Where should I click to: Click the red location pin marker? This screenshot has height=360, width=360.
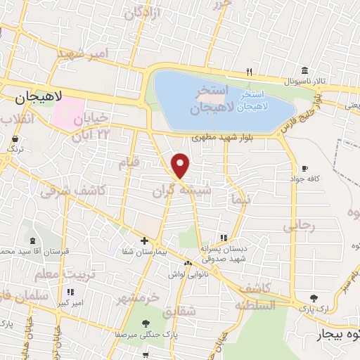(181, 165)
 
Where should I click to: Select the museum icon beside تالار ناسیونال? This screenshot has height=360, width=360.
(304, 71)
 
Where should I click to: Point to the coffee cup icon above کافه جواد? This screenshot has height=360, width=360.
(304, 169)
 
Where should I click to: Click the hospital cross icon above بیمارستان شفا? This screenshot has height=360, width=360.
(144, 241)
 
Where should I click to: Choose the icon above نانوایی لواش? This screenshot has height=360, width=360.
(188, 263)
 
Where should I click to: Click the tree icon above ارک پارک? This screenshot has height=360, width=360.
(314, 298)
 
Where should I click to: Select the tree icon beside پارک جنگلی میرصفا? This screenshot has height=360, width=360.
(146, 324)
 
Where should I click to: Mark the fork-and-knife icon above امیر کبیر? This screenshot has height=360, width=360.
(70, 291)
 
